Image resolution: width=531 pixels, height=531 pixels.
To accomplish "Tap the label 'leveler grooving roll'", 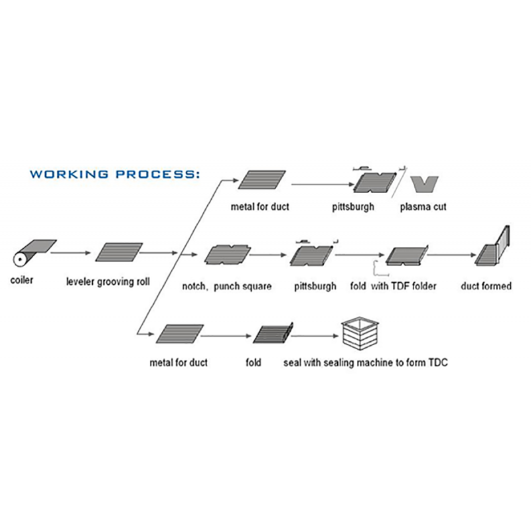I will tap(108, 281).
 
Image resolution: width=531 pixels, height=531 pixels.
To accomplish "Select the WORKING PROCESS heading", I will tap(115, 175).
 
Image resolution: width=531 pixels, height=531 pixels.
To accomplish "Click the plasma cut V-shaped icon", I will tap(423, 183).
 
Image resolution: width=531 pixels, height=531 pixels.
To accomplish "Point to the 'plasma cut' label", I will tap(423, 206).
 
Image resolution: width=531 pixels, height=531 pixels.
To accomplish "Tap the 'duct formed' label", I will tap(486, 286).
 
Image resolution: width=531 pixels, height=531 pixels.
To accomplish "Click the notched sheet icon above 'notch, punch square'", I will tap(226, 254).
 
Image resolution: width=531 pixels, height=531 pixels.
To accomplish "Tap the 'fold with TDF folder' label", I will tap(393, 286).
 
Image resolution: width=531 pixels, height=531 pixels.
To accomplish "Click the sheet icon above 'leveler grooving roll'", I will tap(119, 252).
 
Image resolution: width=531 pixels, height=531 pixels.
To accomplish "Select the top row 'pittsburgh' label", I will tap(353, 206).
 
